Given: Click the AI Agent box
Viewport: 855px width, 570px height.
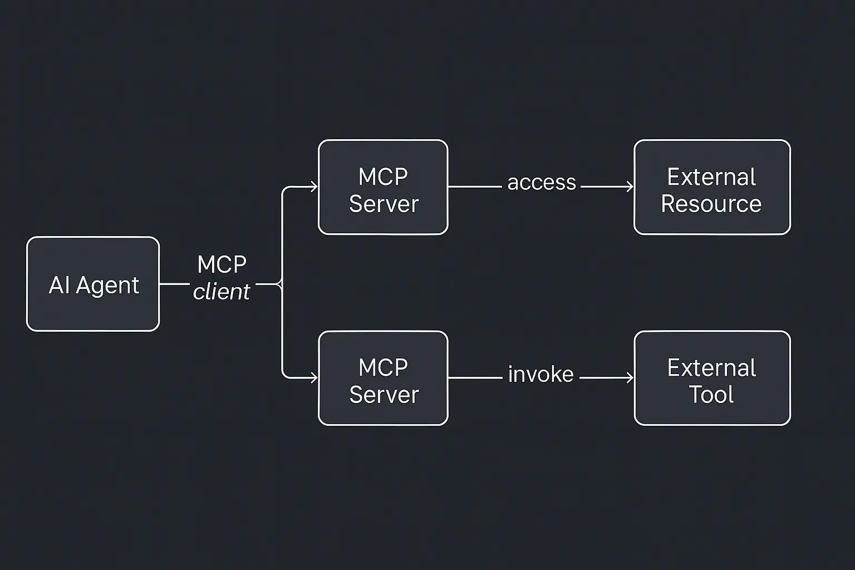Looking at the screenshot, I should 93,284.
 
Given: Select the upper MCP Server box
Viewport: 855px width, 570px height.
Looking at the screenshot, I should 383,187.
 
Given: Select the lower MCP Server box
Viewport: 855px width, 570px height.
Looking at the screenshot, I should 383,378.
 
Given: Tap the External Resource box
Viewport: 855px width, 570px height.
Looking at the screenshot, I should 712,187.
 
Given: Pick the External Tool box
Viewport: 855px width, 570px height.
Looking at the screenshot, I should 712,378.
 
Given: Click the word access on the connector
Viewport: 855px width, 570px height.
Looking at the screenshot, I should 542,183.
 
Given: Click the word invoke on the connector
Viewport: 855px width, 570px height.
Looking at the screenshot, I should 540,374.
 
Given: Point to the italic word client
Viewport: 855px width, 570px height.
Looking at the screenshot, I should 222,292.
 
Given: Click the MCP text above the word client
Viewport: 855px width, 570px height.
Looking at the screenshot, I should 222,264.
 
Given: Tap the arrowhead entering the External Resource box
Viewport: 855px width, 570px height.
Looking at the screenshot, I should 630,186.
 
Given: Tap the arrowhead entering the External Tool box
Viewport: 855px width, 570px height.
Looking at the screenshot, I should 630,378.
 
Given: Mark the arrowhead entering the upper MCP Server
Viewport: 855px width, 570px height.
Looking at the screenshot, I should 314,186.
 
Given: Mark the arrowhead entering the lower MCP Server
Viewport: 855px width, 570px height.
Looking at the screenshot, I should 314,378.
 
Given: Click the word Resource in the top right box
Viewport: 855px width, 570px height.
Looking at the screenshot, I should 711,204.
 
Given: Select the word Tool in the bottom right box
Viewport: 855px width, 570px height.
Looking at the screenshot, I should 711,395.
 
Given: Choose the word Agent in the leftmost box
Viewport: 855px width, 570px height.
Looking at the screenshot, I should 107,286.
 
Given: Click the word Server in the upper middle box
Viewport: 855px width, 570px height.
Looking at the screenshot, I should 384,204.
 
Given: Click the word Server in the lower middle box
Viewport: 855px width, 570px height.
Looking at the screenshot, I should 384,395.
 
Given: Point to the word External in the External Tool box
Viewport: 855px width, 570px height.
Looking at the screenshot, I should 711,368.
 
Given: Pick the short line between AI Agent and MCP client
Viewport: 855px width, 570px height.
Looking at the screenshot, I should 174,284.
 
